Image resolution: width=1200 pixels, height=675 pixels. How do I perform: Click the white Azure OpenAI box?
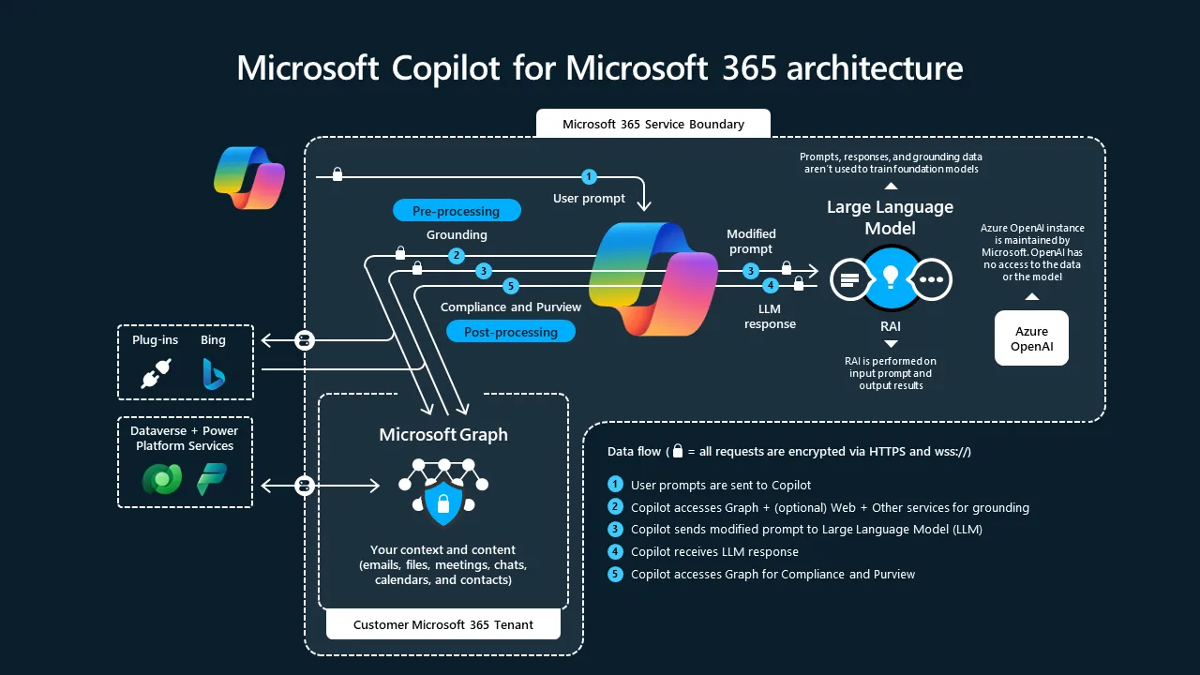1031,338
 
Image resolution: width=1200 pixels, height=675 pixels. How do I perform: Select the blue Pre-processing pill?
456,211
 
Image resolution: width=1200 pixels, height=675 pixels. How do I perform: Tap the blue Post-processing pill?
510,332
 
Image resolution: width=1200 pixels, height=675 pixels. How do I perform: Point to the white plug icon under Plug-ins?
155,375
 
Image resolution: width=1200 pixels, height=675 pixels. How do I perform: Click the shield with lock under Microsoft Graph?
442,504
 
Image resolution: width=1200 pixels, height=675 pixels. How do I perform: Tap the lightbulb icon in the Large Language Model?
891,277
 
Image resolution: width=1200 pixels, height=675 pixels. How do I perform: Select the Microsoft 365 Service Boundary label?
652,124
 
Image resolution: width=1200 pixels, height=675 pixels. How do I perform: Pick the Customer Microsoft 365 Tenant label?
442,624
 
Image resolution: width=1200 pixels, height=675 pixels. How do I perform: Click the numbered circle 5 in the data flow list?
615,574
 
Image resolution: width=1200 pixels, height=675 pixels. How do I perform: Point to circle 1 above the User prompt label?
589,176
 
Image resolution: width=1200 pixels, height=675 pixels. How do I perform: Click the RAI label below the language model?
892,326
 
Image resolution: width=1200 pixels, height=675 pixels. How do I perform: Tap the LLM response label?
770,316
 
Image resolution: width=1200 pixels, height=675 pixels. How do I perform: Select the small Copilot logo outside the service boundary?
248,176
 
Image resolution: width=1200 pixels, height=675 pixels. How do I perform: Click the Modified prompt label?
751,241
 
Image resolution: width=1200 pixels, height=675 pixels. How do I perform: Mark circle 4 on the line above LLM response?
771,285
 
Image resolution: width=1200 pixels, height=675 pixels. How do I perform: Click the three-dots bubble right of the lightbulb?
932,279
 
